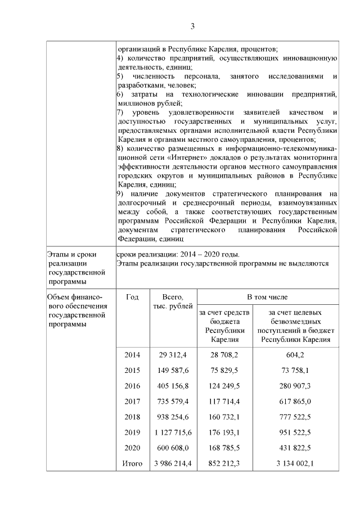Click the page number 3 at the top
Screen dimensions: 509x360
(x=192, y=26)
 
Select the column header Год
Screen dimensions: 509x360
(x=132, y=296)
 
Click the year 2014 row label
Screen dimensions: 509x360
(x=132, y=354)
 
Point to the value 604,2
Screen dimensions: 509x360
(x=295, y=354)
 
